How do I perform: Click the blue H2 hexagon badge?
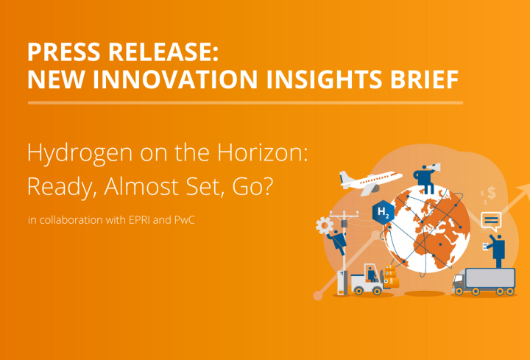point(384,212)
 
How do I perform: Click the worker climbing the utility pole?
point(339,240)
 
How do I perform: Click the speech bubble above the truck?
point(490,219)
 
